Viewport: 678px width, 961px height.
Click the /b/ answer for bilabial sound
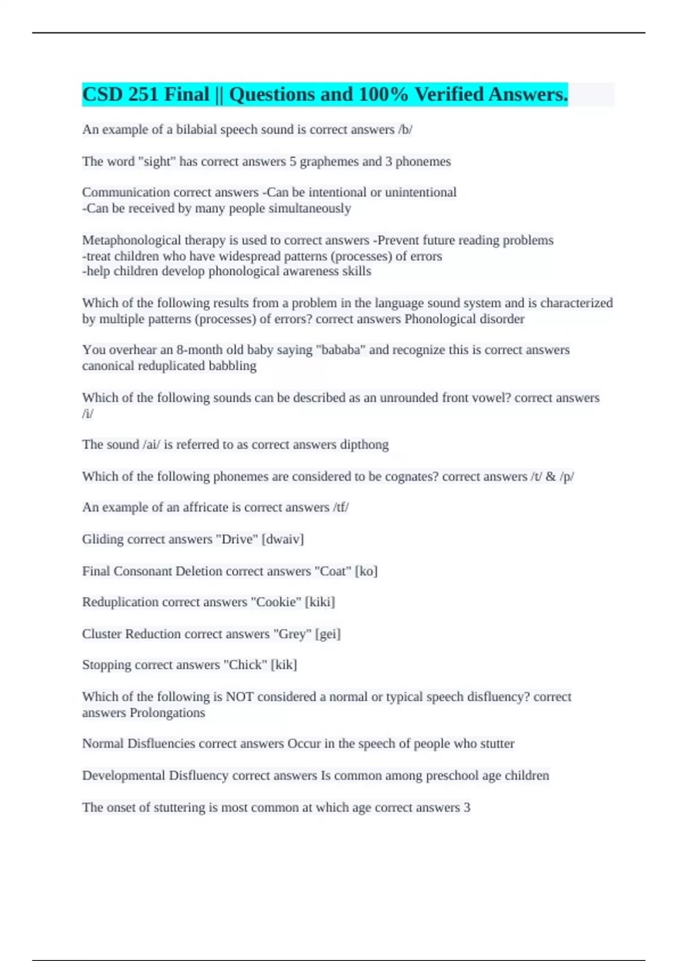coord(405,130)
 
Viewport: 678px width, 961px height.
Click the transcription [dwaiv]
coord(282,539)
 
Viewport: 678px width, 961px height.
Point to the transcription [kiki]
coord(320,602)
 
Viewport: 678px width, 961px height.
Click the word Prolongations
coord(167,713)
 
